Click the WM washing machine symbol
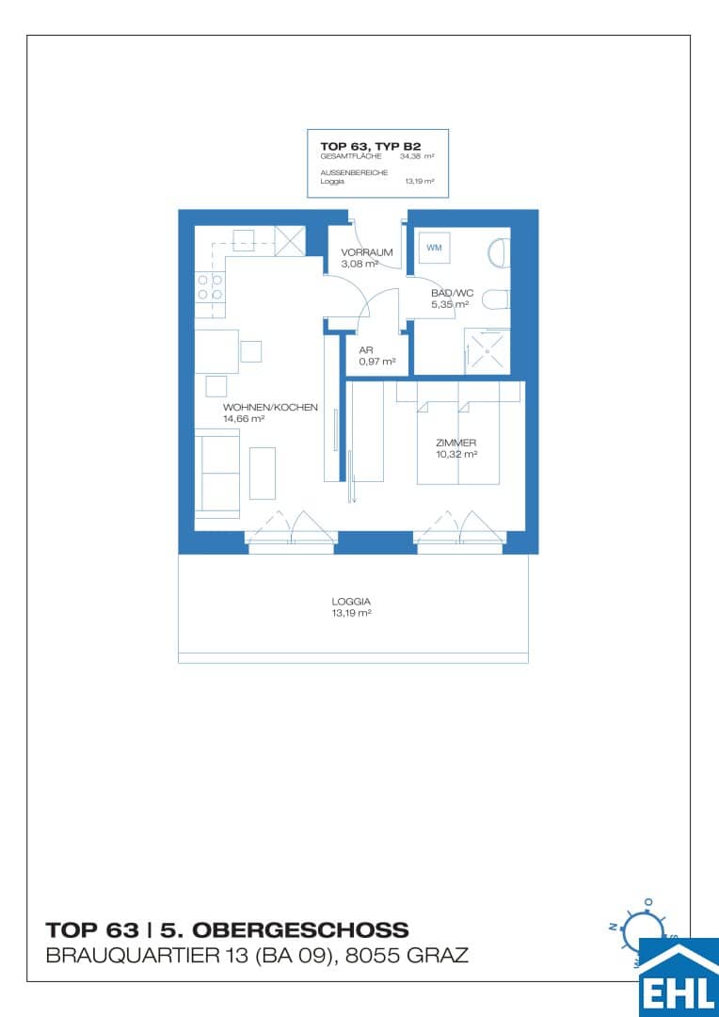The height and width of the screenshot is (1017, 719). [x=434, y=248]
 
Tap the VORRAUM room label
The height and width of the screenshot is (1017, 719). [x=367, y=252]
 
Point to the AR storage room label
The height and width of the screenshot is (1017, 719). [x=366, y=350]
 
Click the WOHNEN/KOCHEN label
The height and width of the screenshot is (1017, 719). [x=270, y=408]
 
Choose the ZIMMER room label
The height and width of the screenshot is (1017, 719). [x=457, y=443]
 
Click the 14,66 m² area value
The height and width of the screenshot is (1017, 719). [x=244, y=419]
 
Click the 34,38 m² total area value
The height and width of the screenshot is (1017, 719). [x=416, y=156]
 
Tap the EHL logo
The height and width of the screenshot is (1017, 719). [x=679, y=977]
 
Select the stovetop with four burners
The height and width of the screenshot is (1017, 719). [x=210, y=286]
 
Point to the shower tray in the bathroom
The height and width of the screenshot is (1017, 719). [x=487, y=351]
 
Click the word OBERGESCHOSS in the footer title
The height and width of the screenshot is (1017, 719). [x=284, y=930]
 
